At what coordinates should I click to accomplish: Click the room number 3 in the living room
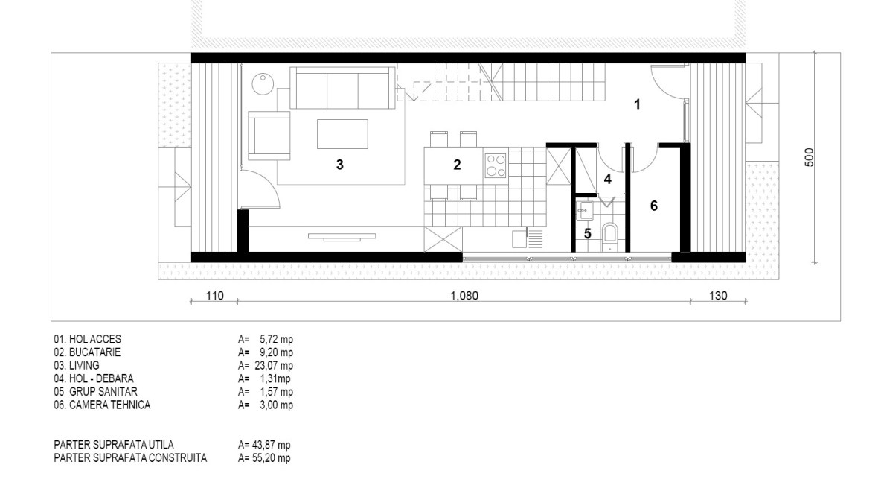pyautogui.click(x=339, y=165)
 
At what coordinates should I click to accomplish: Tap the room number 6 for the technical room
pyautogui.click(x=653, y=206)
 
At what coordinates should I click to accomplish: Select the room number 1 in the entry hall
pyautogui.click(x=637, y=104)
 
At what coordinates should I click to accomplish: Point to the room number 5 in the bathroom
pyautogui.click(x=587, y=233)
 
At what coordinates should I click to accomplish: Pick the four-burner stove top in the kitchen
pyautogui.click(x=496, y=165)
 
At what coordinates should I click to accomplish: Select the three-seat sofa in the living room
pyautogui.click(x=342, y=87)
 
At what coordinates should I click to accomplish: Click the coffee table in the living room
pyautogui.click(x=342, y=134)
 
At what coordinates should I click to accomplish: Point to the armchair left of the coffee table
pyautogui.click(x=269, y=136)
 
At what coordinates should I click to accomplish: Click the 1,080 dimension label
pyautogui.click(x=464, y=295)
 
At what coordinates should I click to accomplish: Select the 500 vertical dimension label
pyautogui.click(x=809, y=157)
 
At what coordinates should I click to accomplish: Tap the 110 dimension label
pyautogui.click(x=214, y=295)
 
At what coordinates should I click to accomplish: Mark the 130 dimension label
pyautogui.click(x=718, y=295)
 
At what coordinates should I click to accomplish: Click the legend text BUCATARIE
pyautogui.click(x=94, y=352)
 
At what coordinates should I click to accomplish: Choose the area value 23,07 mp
pyautogui.click(x=270, y=366)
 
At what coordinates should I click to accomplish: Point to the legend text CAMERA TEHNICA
pyautogui.click(x=110, y=405)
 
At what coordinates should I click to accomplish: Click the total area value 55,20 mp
pyautogui.click(x=271, y=458)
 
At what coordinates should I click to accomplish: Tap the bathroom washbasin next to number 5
pyautogui.click(x=585, y=210)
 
